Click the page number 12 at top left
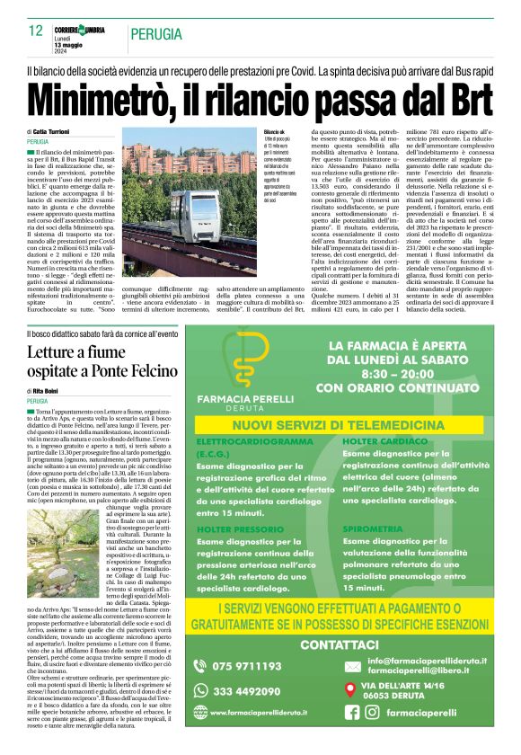[x=36, y=31]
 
